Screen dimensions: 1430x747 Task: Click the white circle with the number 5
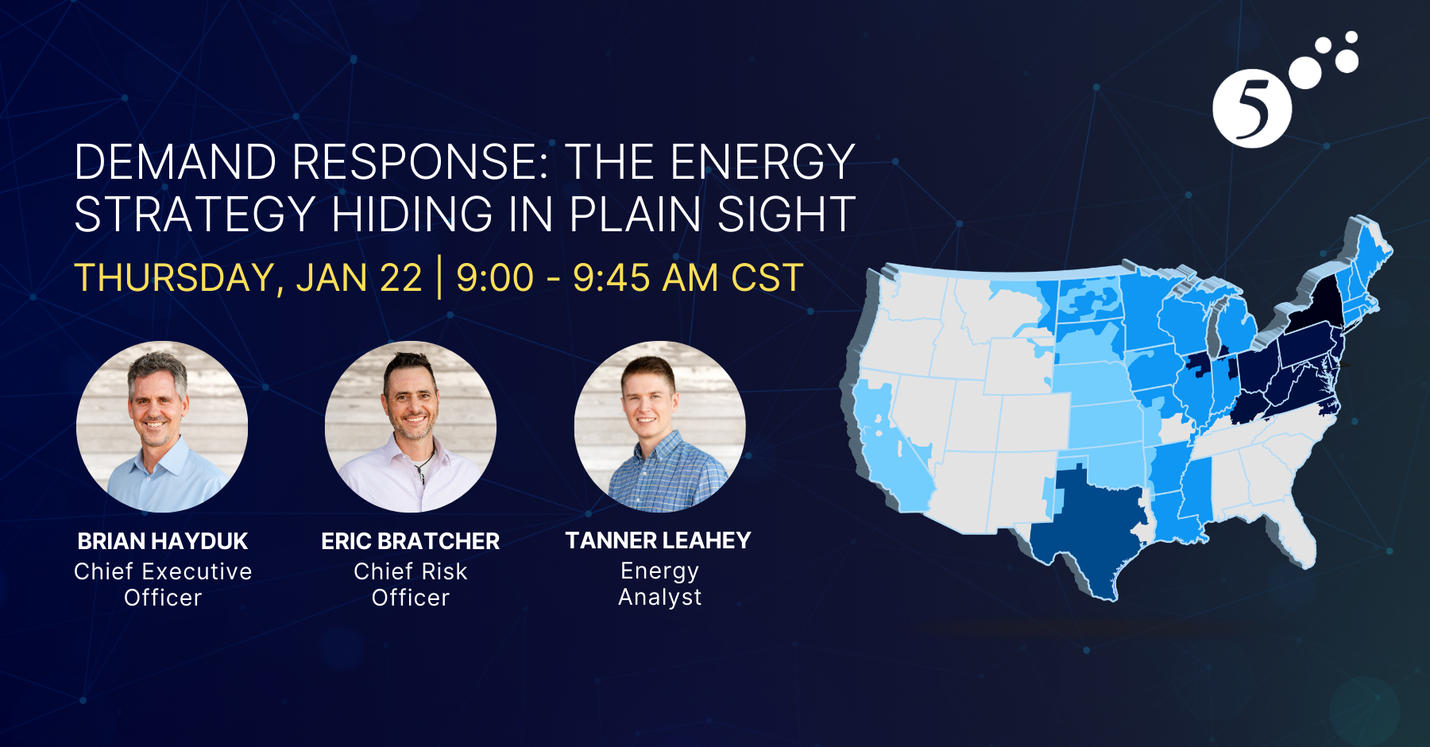1252,109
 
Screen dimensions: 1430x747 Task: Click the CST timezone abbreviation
767,278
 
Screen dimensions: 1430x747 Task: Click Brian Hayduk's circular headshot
162,427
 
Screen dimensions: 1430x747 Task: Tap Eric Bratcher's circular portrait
411,427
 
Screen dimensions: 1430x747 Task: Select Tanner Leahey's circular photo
660,427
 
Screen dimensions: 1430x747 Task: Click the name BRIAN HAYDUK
163,541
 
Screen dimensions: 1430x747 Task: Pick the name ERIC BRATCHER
411,541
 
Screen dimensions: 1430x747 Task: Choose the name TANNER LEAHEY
659,540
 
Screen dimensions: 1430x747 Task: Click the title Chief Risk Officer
411,584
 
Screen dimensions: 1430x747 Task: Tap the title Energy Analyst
660,583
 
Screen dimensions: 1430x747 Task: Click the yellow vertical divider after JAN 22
439,277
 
